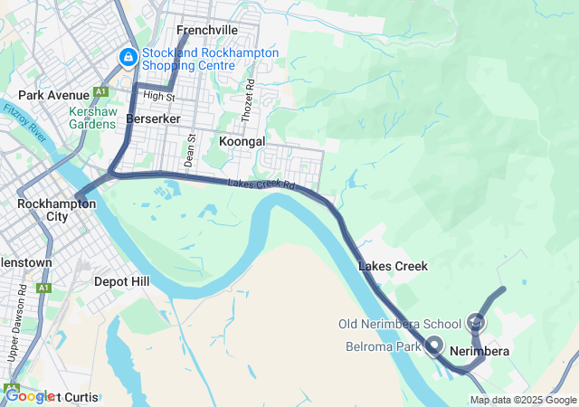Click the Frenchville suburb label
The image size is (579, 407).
point(206,30)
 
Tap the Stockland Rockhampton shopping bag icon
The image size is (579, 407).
point(128,59)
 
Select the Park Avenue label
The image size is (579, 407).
point(53,95)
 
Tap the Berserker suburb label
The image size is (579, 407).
point(154,118)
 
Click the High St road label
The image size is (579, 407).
point(158,96)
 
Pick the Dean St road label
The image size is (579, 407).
point(191,150)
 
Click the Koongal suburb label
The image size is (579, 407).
point(242,142)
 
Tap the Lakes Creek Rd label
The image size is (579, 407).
point(262,185)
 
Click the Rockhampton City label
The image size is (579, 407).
point(56,210)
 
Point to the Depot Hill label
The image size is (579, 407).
point(122,281)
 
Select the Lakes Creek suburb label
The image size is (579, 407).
point(393,266)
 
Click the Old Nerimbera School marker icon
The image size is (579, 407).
point(477,322)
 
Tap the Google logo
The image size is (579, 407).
point(29,396)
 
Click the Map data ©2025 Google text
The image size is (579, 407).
point(523,400)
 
